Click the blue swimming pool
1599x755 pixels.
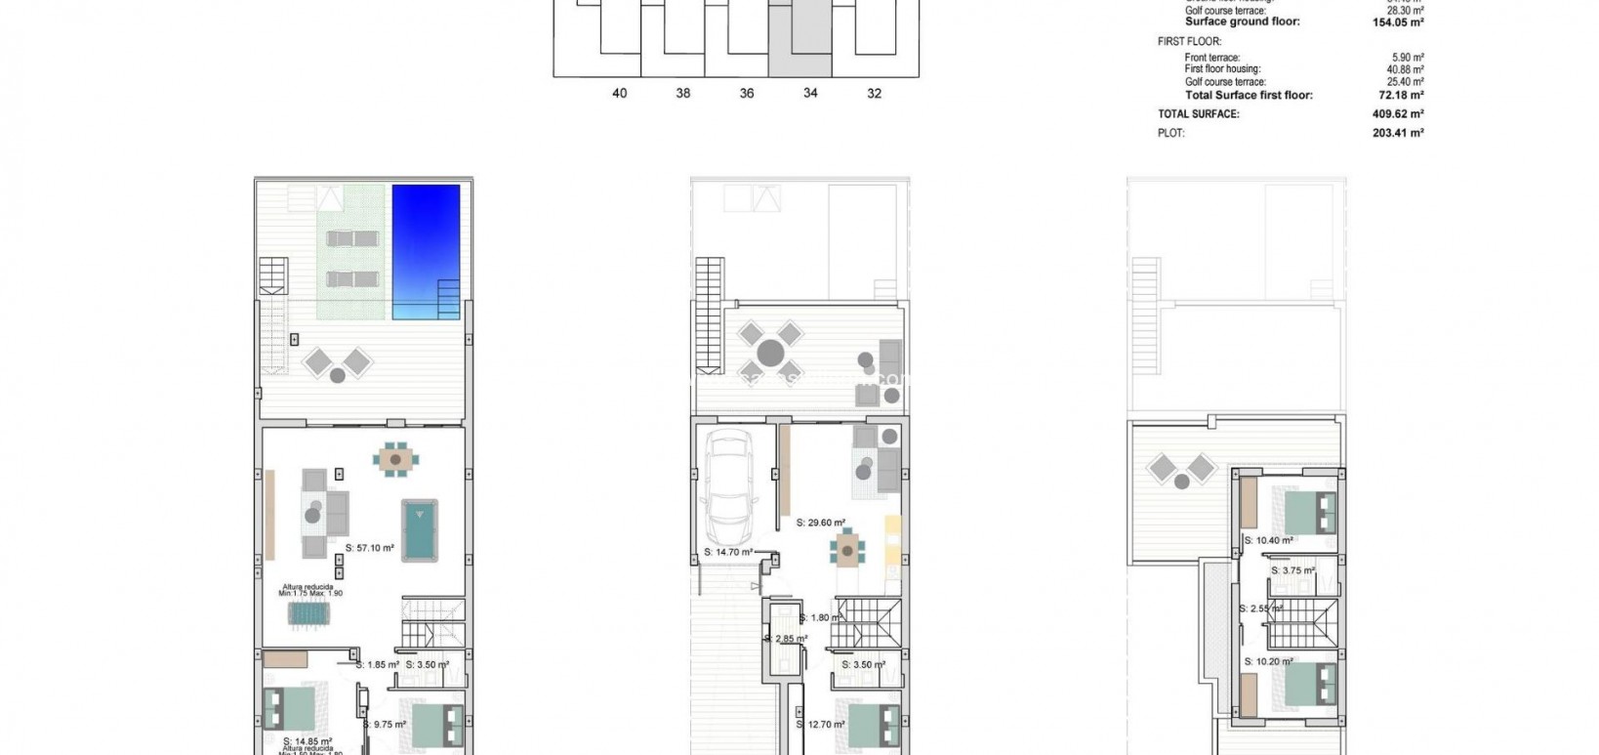[426, 251]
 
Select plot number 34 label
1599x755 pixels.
[810, 94]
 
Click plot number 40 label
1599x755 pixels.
[619, 94]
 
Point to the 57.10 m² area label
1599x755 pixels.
[370, 549]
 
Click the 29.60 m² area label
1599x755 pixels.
[820, 523]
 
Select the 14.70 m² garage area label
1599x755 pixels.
[728, 552]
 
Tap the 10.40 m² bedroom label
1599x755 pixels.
[1269, 540]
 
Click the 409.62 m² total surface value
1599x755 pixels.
[1398, 114]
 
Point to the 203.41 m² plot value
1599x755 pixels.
[1398, 133]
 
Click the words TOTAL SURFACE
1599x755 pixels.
[1198, 114]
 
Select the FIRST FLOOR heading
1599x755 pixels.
[1182, 42]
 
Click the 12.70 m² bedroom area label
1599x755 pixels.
[826, 725]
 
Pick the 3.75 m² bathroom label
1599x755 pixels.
[1292, 571]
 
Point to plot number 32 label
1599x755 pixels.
[874, 94]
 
